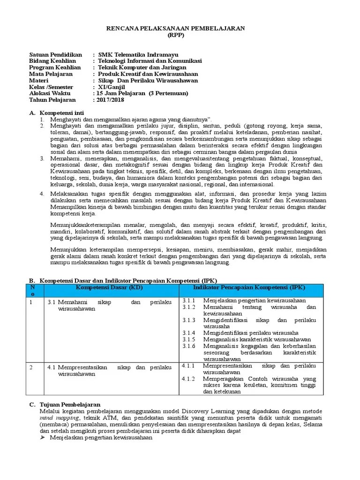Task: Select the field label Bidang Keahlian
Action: pyautogui.click(x=52, y=61)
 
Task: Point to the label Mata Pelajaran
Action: pyautogui.click(x=51, y=74)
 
